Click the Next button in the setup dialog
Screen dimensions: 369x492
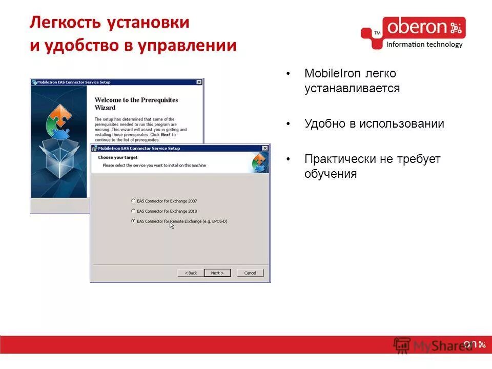pyautogui.click(x=217, y=273)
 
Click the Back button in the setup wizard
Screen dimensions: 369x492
pyautogui.click(x=191, y=273)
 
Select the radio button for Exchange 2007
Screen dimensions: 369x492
pyautogui.click(x=134, y=201)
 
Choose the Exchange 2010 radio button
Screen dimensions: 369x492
pyautogui.click(x=134, y=211)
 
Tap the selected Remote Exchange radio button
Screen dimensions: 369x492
pyautogui.click(x=134, y=221)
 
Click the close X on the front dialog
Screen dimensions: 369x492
pyautogui.click(x=264, y=148)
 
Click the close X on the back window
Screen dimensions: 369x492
pyautogui.click(x=199, y=82)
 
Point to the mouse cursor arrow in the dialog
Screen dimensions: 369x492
pyautogui.click(x=172, y=224)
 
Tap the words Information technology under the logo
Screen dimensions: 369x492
pyautogui.click(x=424, y=45)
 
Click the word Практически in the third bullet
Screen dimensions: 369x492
pyautogui.click(x=340, y=159)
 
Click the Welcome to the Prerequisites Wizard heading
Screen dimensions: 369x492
pyautogui.click(x=136, y=104)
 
